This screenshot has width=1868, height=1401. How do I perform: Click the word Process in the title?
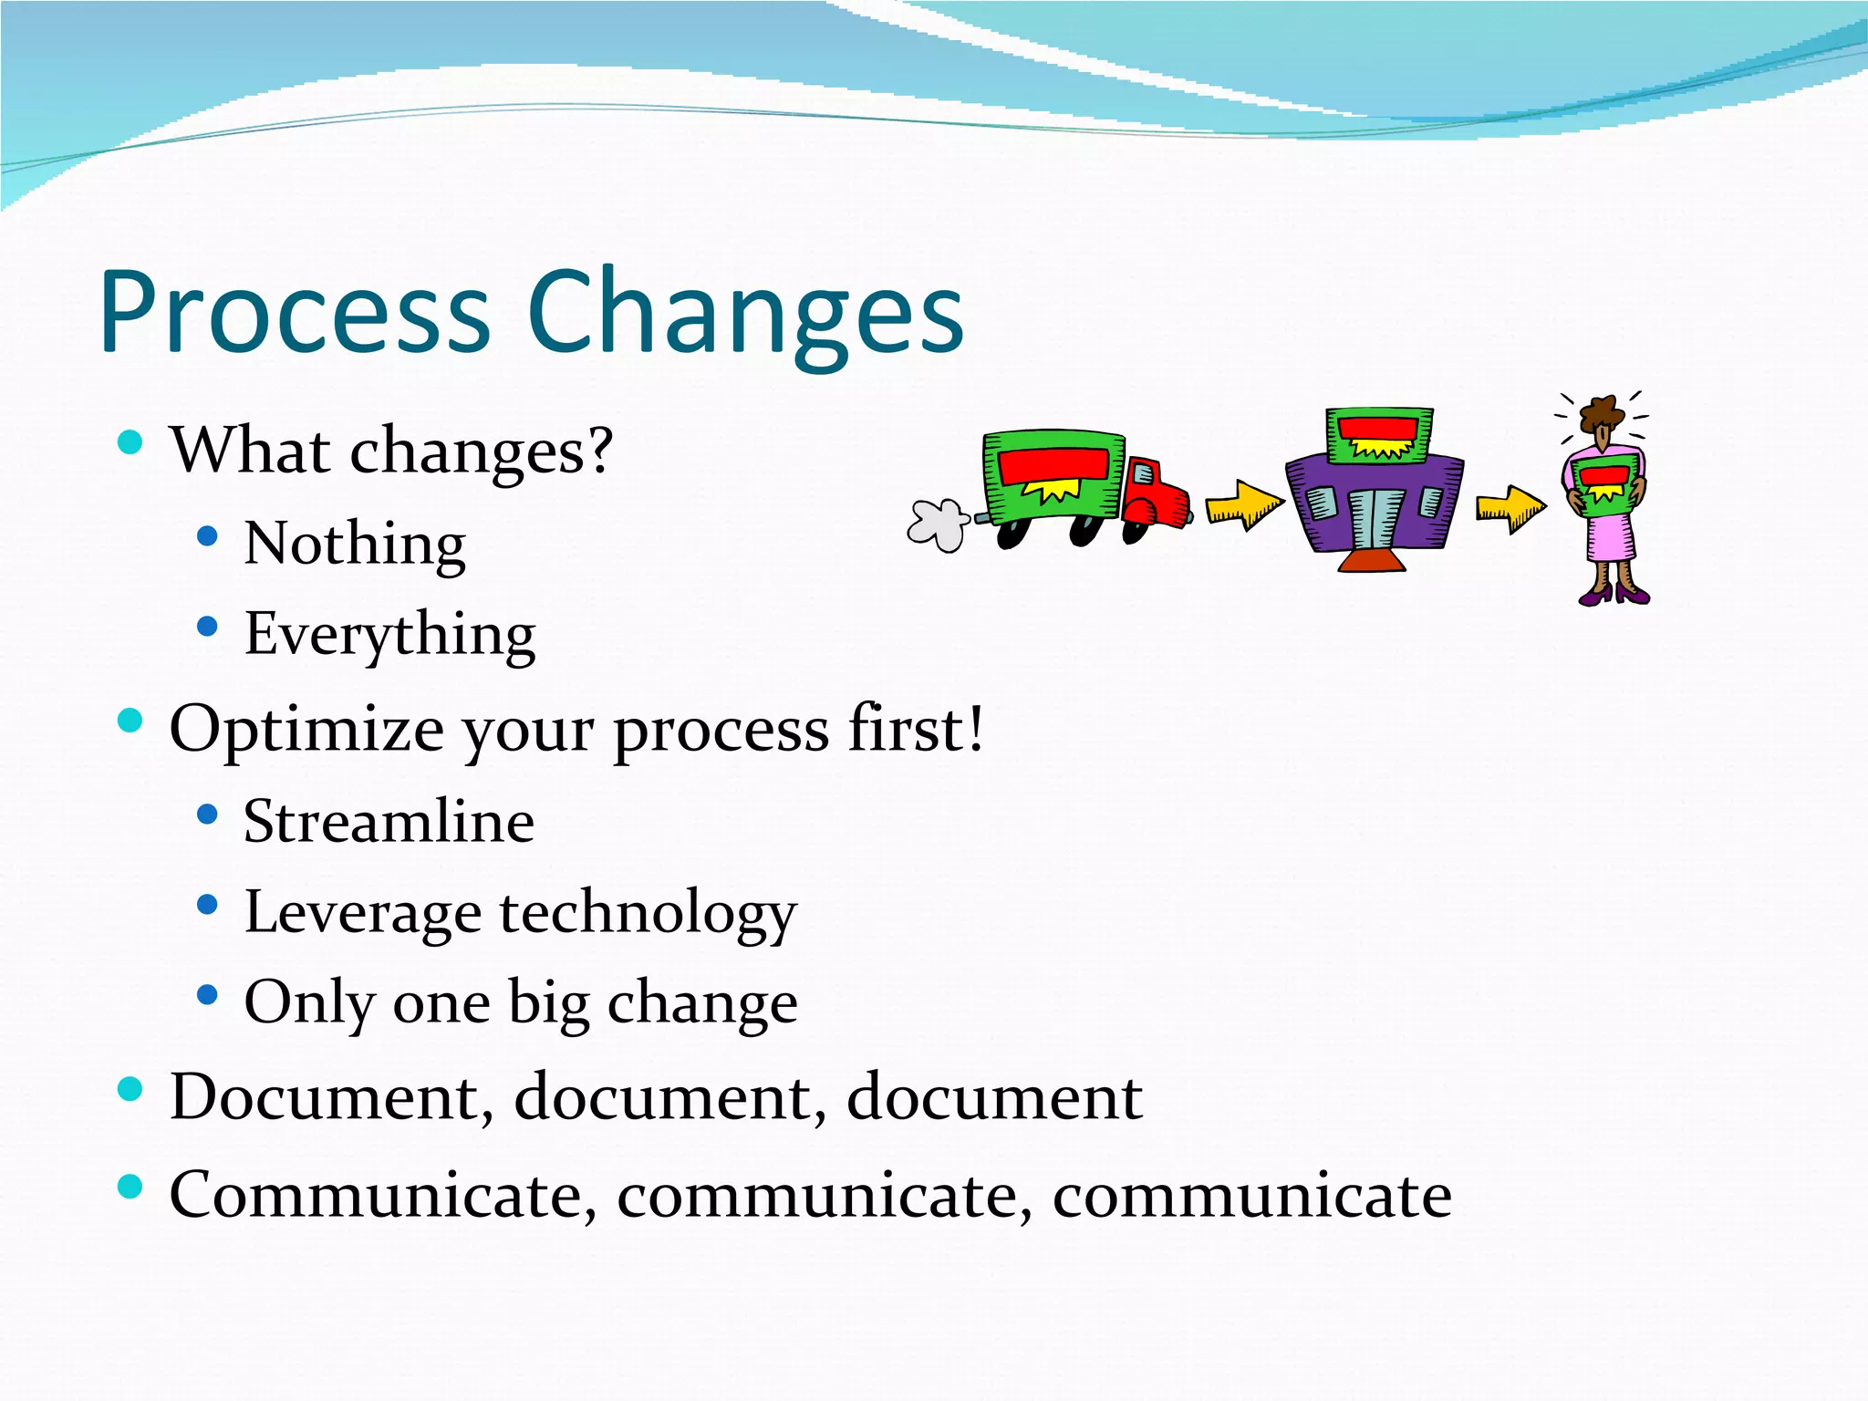pyautogui.click(x=294, y=313)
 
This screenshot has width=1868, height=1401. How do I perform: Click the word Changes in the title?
pyautogui.click(x=744, y=313)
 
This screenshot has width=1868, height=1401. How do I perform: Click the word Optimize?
pyautogui.click(x=306, y=730)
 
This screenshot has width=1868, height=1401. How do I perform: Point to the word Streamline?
pyautogui.click(x=389, y=821)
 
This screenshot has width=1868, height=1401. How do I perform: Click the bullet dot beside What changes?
pyautogui.click(x=130, y=443)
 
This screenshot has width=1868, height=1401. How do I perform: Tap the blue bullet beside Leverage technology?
pyautogui.click(x=208, y=905)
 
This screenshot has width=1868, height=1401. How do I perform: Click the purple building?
pyautogui.click(x=1373, y=506)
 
